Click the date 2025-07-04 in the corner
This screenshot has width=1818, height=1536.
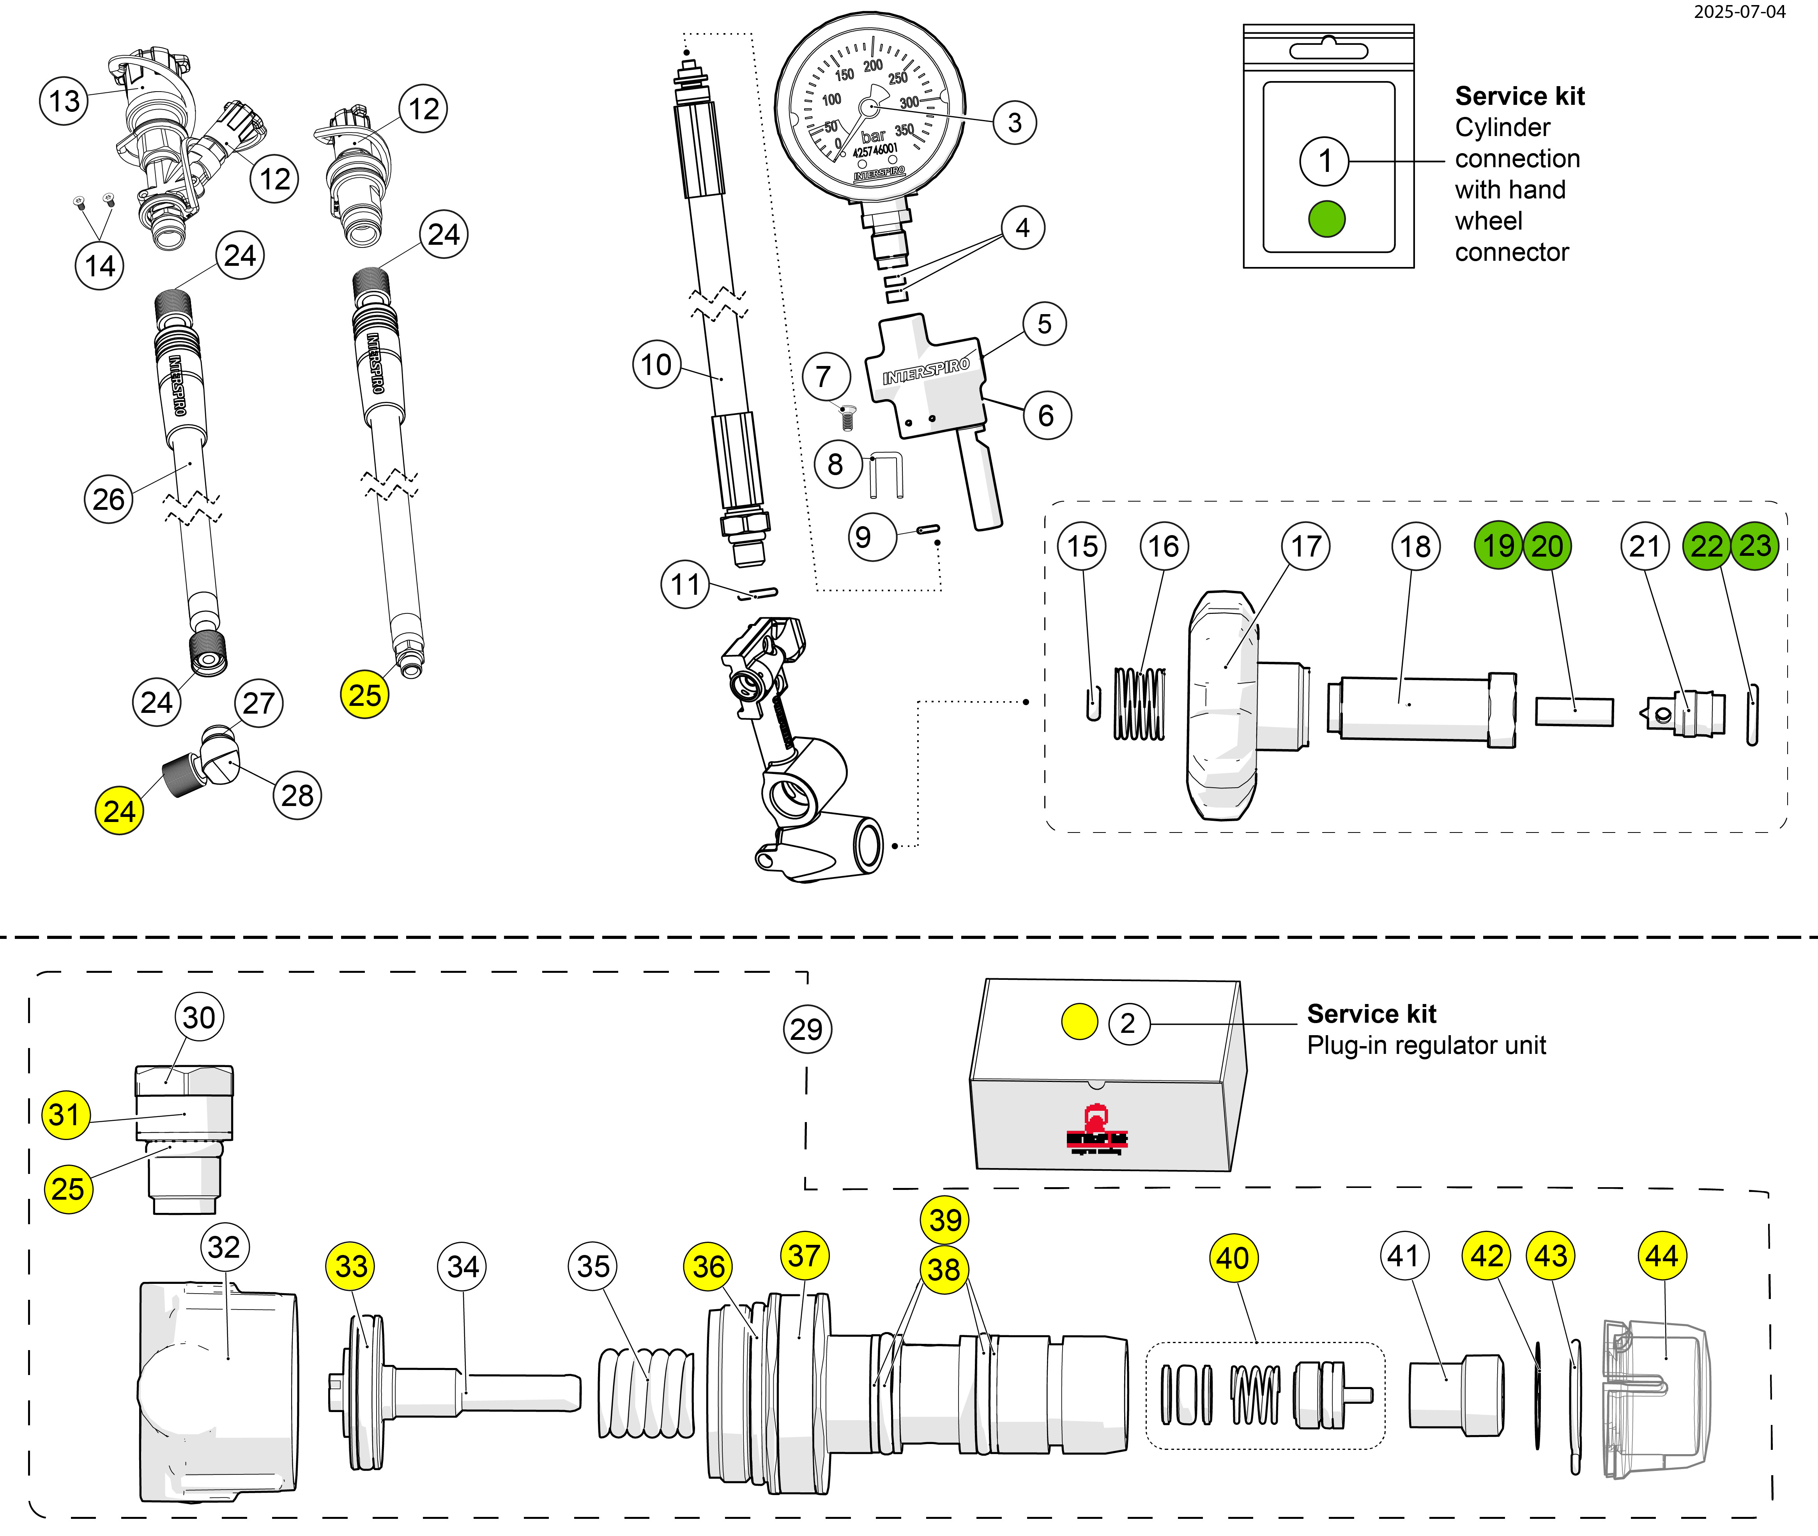(x=1739, y=12)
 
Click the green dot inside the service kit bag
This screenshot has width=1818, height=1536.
(x=1326, y=219)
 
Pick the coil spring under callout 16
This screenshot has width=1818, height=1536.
(x=1139, y=704)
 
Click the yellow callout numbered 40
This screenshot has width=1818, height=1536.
(x=1233, y=1258)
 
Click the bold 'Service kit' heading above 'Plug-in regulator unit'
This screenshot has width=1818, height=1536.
(x=1371, y=1015)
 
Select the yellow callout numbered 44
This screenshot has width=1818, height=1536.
(x=1662, y=1257)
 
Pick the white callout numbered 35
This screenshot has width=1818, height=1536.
(x=593, y=1266)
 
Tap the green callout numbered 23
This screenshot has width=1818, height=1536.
(x=1754, y=546)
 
